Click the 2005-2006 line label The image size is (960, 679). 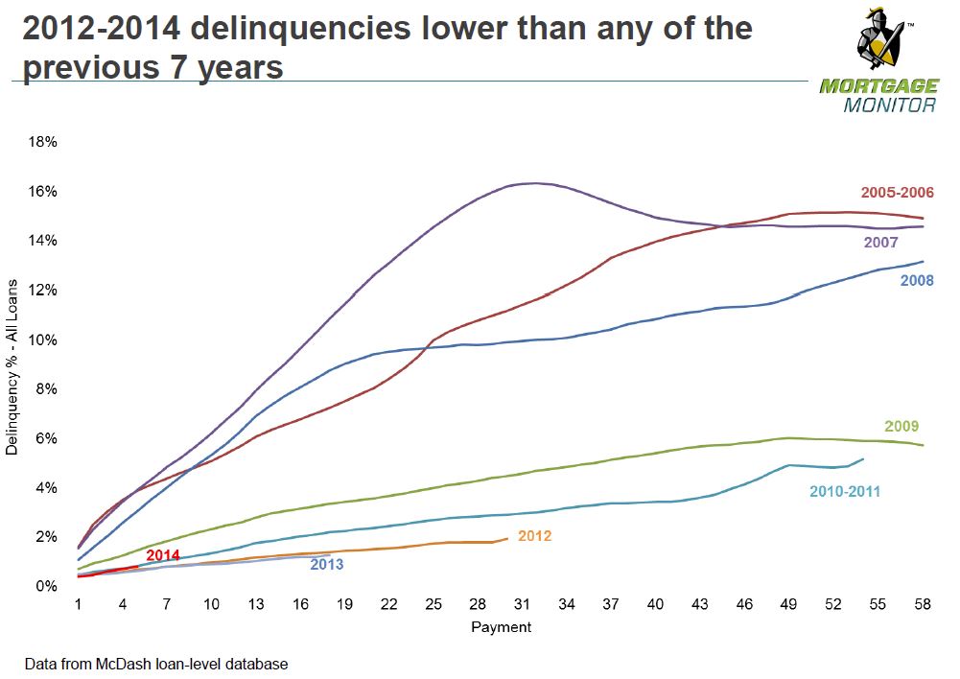tap(897, 192)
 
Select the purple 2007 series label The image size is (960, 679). tap(880, 243)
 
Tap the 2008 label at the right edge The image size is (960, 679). tap(917, 280)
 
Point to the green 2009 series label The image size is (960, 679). tap(901, 426)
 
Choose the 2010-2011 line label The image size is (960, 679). tap(845, 492)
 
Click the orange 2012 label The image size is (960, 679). tap(534, 536)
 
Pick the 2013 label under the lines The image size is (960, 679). tap(326, 565)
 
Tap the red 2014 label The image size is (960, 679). tap(163, 555)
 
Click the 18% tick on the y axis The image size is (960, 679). tap(43, 142)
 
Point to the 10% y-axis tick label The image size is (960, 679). tap(43, 339)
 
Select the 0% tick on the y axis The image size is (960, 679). tap(47, 587)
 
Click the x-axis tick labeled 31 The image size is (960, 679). tap(522, 604)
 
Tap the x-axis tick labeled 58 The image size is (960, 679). tap(922, 604)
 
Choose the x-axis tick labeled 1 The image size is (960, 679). tap(79, 604)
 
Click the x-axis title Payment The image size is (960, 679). tap(501, 627)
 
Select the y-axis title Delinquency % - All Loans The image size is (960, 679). tap(12, 367)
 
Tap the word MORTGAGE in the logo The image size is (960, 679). tap(879, 86)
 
